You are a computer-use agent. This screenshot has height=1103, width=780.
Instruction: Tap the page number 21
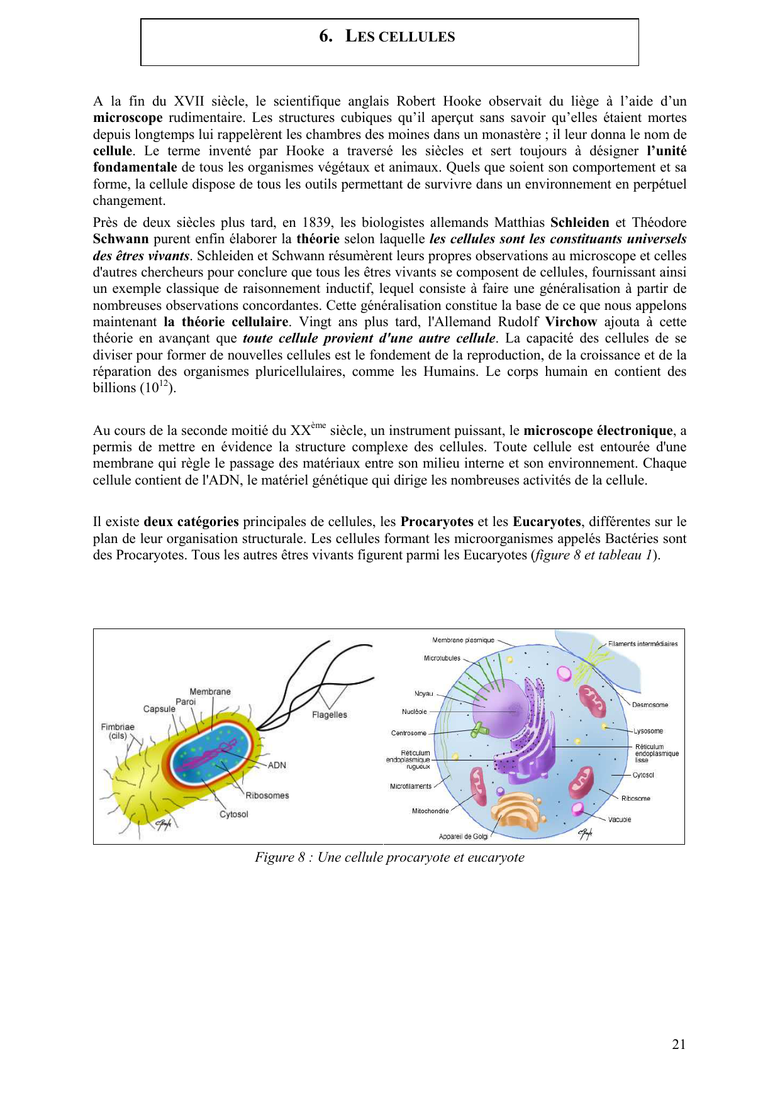click(x=679, y=1044)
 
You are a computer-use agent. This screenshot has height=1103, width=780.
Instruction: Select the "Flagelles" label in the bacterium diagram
click(x=329, y=715)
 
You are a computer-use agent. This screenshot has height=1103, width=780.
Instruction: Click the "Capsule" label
click(x=159, y=709)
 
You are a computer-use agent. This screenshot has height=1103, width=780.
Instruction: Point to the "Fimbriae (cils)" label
click(x=118, y=731)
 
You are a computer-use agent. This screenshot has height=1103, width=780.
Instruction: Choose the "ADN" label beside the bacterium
click(x=277, y=765)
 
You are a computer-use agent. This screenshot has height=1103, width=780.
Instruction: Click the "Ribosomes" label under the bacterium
click(x=267, y=795)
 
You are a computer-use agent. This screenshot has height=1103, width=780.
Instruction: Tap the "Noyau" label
click(x=423, y=694)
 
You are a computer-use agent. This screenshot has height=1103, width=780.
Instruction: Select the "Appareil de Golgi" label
click(x=463, y=837)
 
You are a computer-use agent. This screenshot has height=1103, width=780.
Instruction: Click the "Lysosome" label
click(x=648, y=731)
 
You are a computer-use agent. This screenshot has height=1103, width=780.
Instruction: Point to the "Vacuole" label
click(x=620, y=820)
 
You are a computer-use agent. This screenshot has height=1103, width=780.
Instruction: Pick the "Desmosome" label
click(x=650, y=705)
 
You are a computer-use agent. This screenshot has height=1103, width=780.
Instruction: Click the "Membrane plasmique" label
click(x=463, y=640)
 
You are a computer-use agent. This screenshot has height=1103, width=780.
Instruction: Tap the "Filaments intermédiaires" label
click(x=643, y=644)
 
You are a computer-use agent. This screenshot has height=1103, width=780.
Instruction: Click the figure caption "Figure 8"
click(x=389, y=857)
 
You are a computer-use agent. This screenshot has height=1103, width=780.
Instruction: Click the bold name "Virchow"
click(x=571, y=322)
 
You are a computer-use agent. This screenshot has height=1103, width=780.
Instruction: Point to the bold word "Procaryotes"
click(x=437, y=522)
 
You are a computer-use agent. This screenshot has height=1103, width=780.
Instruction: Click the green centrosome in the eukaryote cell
click(x=481, y=730)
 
